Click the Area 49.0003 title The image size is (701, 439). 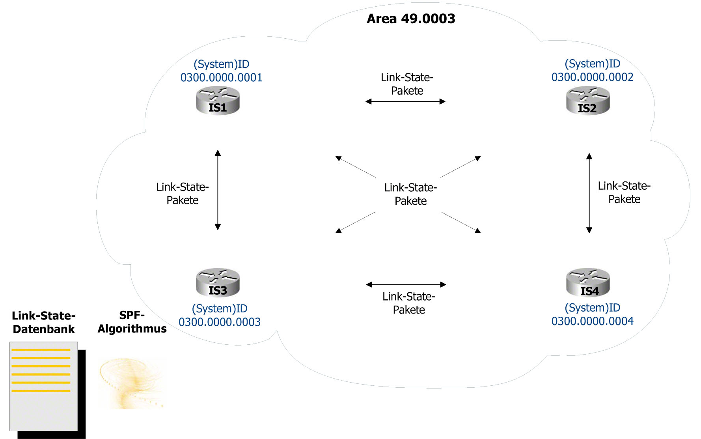pos(411,19)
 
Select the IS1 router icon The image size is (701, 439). pos(218,101)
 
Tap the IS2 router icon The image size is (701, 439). pos(588,101)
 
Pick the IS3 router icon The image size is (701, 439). pos(218,283)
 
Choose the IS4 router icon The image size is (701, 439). pos(588,283)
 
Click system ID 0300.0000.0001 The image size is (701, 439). pos(221,77)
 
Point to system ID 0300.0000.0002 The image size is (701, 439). pos(592,77)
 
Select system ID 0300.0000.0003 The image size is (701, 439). pos(220,322)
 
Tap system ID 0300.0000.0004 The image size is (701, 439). pos(592,321)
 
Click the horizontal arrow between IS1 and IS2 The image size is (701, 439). pos(405,102)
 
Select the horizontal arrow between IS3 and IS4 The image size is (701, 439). pos(406,284)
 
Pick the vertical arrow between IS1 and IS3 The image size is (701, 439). pos(218,190)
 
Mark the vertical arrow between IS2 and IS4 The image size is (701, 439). pos(589,193)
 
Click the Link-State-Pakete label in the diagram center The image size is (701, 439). pos(410,194)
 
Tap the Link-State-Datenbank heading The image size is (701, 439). pos(44,322)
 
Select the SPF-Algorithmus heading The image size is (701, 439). pos(132,322)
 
